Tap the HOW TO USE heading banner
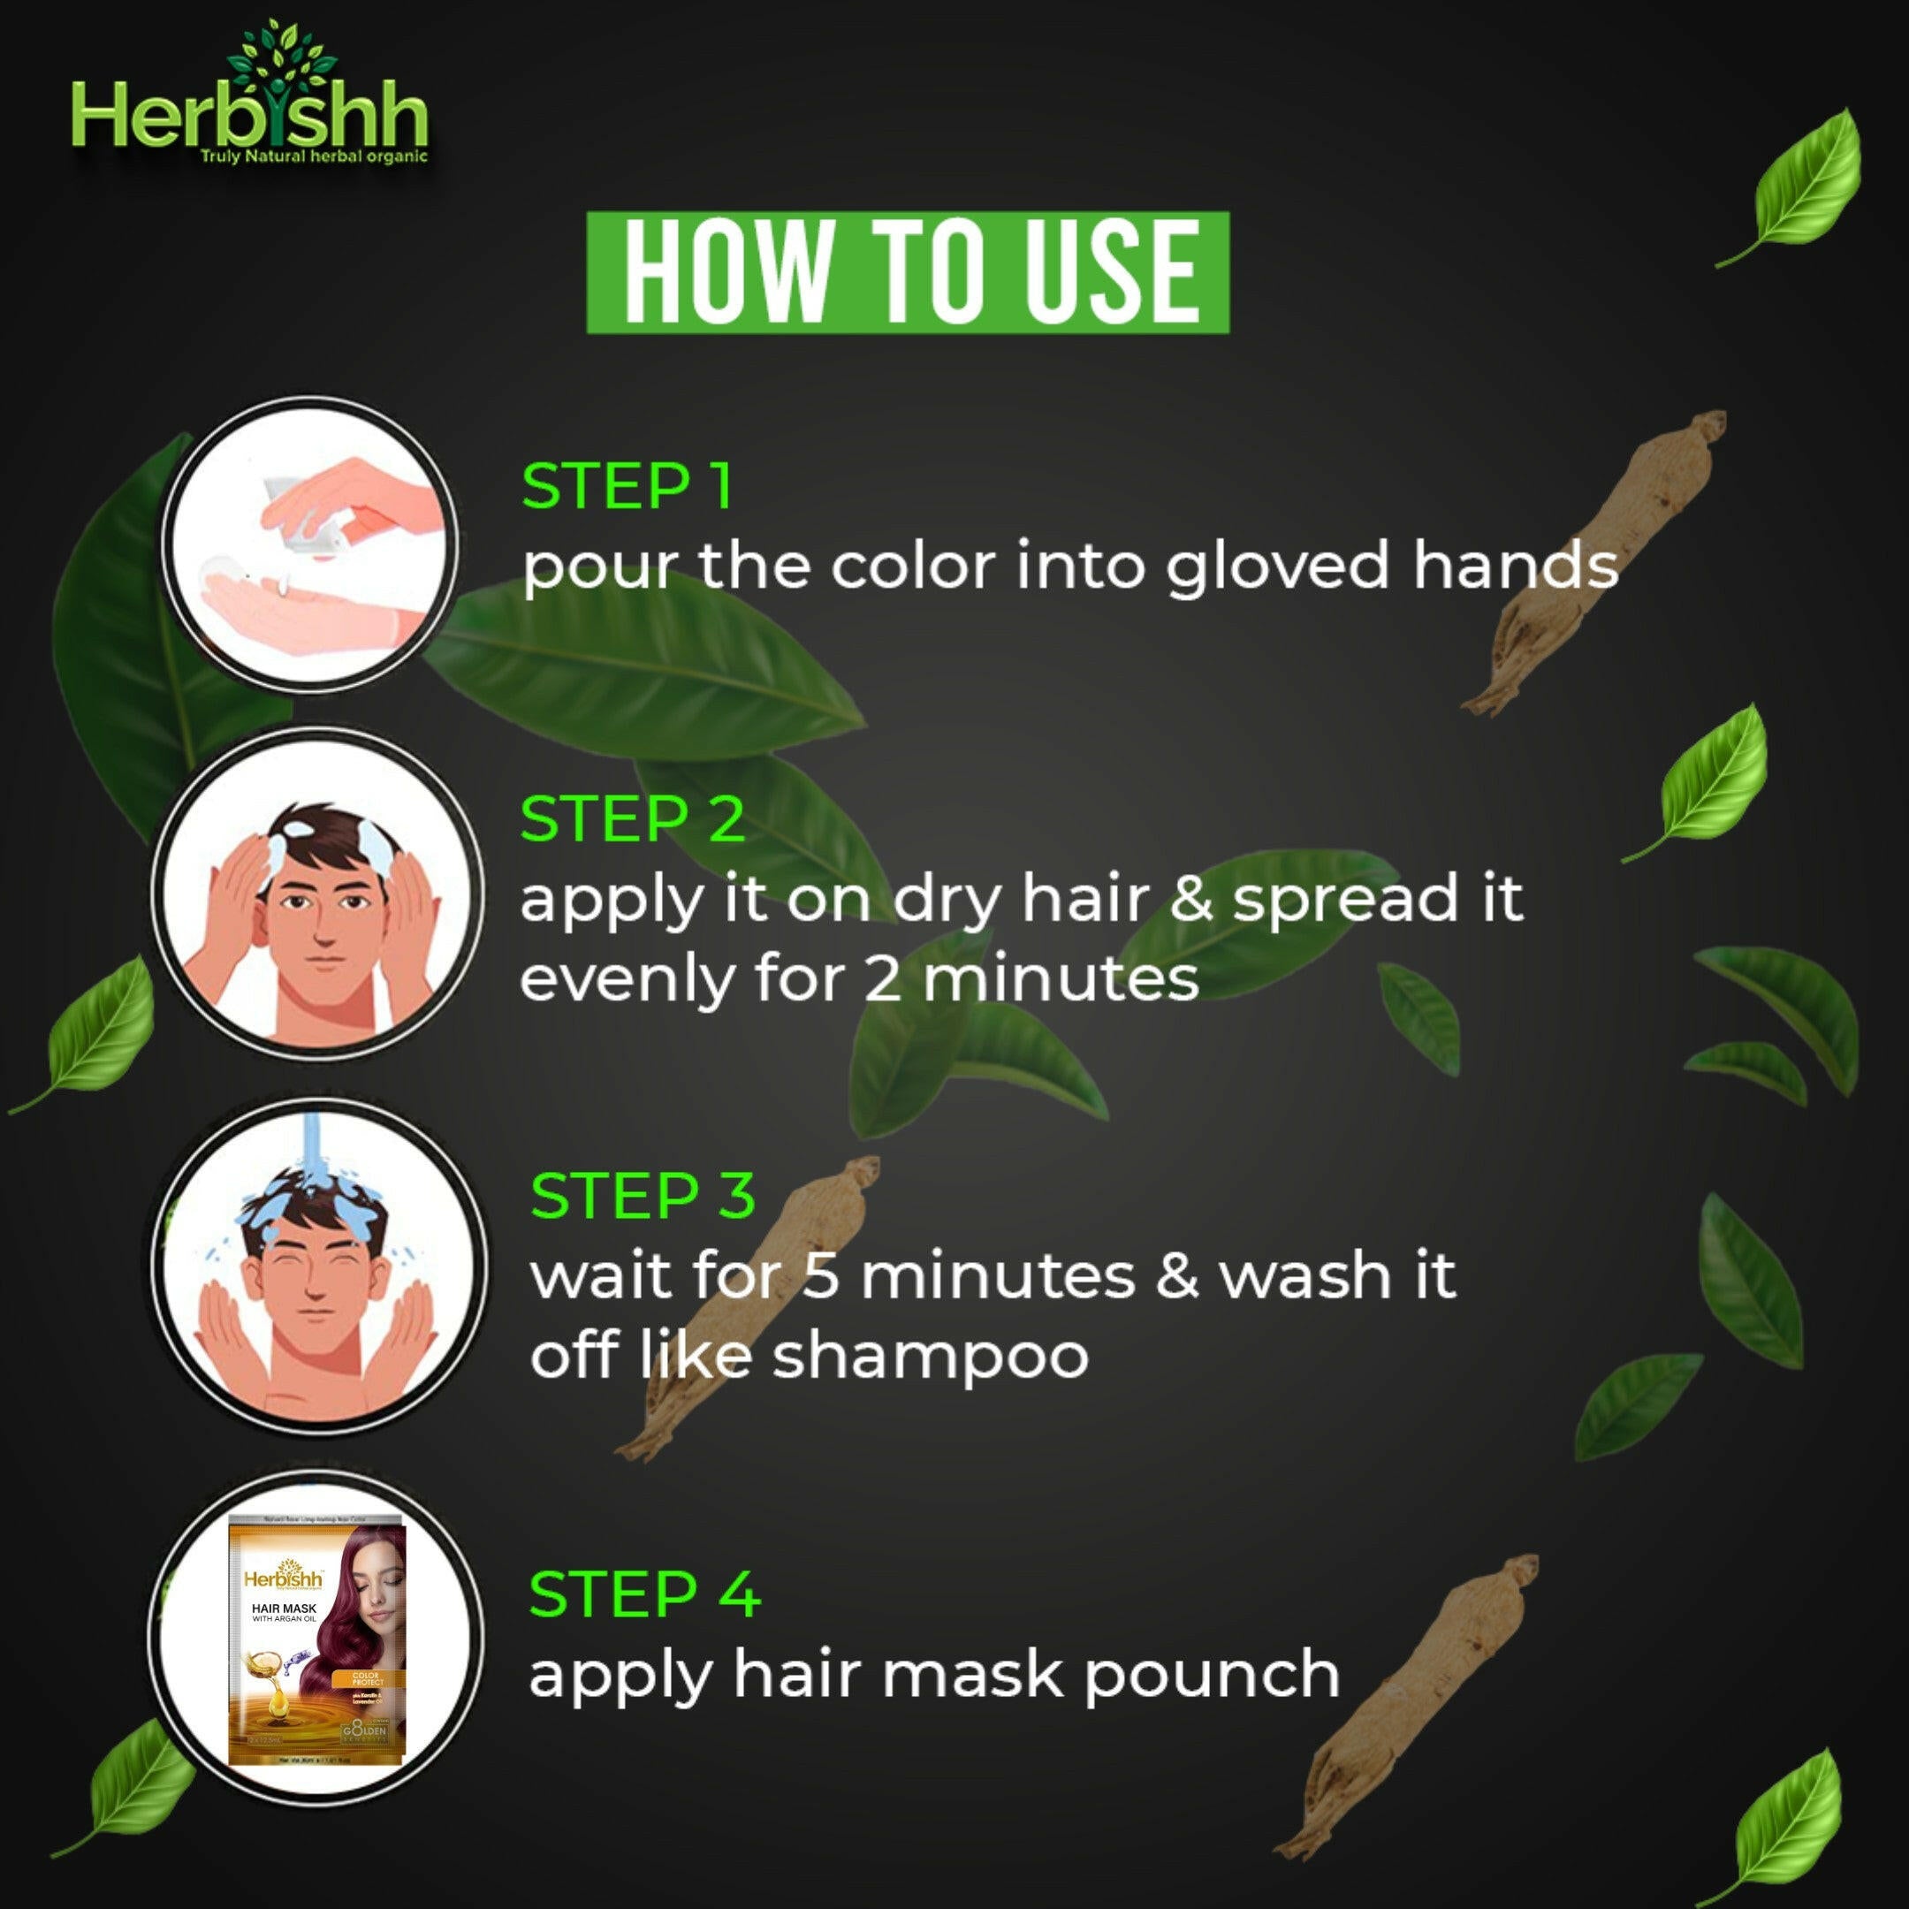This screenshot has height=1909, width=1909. tap(908, 273)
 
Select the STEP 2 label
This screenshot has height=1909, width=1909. tap(633, 819)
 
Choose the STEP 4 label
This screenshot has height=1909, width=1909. tap(644, 1593)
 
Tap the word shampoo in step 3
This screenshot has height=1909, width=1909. tap(930, 1355)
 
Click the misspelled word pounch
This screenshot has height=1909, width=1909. tap(1212, 1674)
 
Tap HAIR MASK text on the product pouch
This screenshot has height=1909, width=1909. tap(285, 1609)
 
